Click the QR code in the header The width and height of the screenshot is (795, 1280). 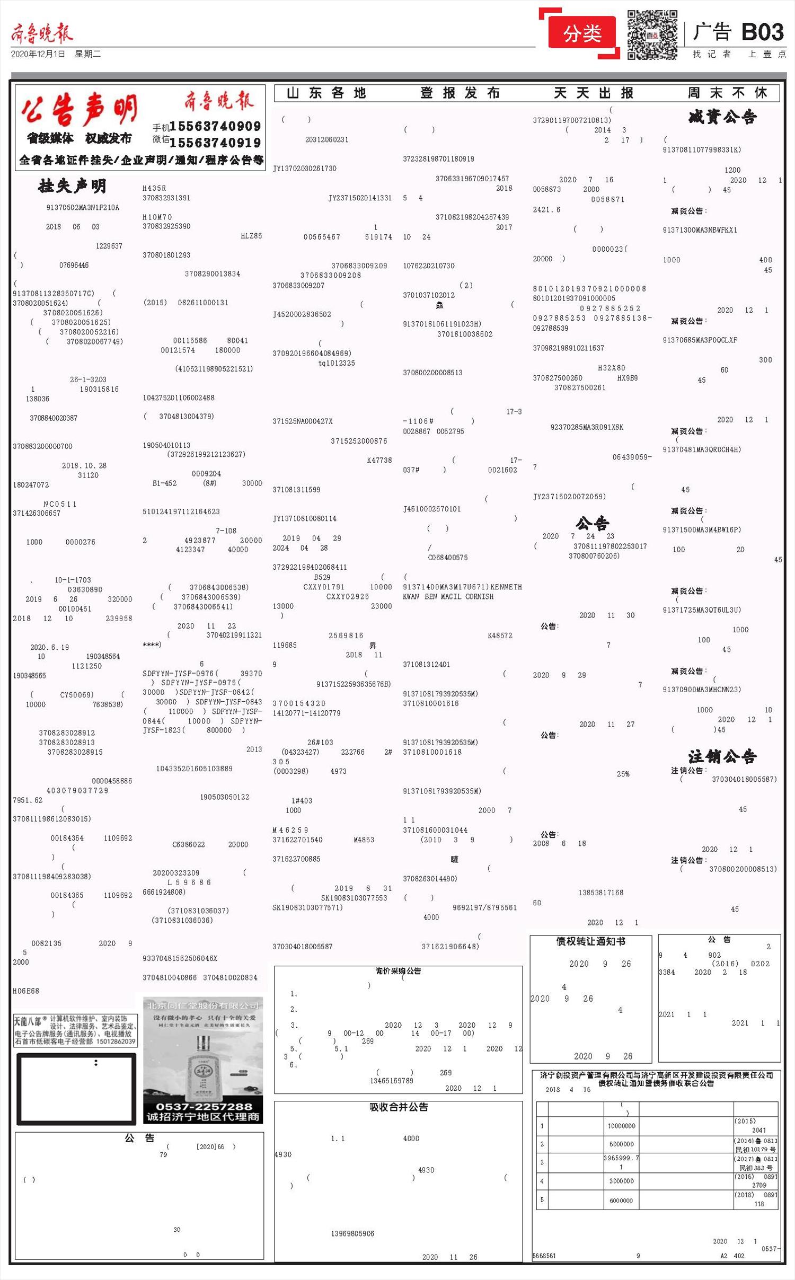[x=652, y=34]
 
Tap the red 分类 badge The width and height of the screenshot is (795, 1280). [x=582, y=34]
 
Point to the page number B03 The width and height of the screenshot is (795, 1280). [x=762, y=32]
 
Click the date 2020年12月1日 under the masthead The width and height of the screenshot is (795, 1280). [x=38, y=54]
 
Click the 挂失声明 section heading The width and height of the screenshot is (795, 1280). [x=72, y=186]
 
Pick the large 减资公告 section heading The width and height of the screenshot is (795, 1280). [x=722, y=117]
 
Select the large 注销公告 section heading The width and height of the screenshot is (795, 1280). [x=722, y=756]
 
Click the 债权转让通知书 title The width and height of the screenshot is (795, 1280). [x=590, y=941]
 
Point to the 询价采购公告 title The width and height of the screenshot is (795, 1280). [x=398, y=970]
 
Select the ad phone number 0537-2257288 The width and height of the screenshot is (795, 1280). [x=204, y=1106]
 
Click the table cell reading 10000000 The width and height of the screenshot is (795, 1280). [x=621, y=1126]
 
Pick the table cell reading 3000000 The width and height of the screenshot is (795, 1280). [x=621, y=1181]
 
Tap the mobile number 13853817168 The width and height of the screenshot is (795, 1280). [x=600, y=893]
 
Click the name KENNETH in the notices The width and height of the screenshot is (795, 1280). [x=506, y=587]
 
